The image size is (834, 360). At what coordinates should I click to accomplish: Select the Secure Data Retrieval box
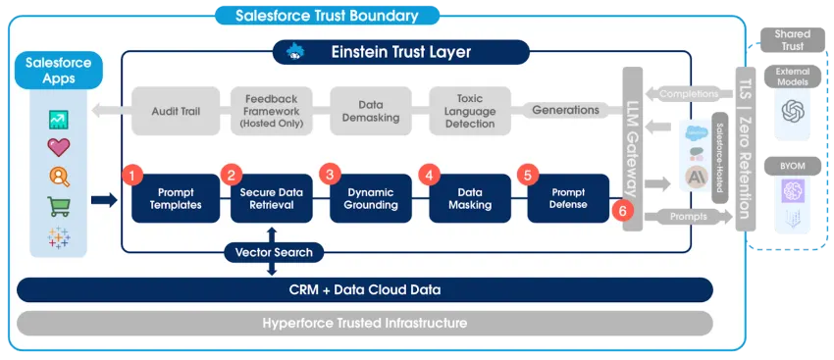click(x=271, y=198)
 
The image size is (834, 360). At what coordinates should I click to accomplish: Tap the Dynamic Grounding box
click(x=370, y=198)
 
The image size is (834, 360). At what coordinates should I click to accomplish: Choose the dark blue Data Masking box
click(x=469, y=198)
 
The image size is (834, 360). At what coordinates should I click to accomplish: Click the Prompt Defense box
click(x=568, y=198)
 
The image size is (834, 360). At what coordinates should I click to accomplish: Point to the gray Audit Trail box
click(x=176, y=111)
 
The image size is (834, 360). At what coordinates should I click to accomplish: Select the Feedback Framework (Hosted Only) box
click(x=271, y=111)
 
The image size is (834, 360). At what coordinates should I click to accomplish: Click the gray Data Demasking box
click(x=370, y=111)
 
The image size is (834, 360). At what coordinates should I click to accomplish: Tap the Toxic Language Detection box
click(x=469, y=111)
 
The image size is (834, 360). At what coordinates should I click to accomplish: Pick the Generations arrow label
click(x=564, y=110)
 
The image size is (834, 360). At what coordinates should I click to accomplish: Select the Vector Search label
click(x=274, y=252)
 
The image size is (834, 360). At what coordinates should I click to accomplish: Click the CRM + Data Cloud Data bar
click(x=366, y=289)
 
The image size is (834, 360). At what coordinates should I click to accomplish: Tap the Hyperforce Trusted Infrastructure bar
click(x=366, y=323)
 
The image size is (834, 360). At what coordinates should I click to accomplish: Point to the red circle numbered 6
click(x=618, y=210)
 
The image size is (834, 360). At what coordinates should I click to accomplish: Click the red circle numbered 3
click(x=330, y=175)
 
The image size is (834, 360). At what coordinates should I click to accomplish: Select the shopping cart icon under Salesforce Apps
click(x=59, y=206)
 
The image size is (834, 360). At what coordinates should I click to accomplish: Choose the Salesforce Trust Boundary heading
click(x=327, y=16)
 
